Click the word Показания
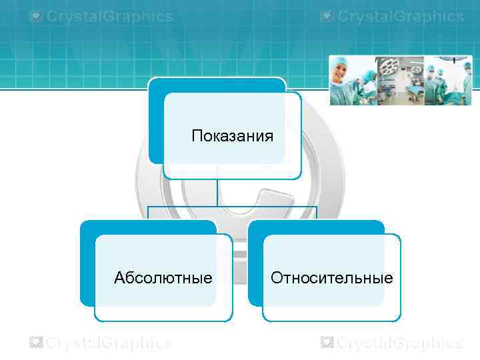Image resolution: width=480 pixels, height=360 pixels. coord(232,137)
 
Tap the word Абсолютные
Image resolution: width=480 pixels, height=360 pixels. coord(163,277)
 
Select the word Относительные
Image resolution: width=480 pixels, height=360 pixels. coord(331,277)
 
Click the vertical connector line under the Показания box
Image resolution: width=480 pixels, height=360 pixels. coord(217,193)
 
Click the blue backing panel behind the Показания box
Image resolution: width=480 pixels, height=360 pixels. coord(155,120)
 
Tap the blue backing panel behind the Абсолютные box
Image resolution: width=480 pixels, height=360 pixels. coord(87,267)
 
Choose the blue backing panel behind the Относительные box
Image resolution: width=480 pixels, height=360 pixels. coord(255,267)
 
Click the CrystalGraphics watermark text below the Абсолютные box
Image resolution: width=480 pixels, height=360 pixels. coord(108,343)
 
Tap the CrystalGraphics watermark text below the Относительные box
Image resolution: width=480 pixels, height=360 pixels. coord(399,343)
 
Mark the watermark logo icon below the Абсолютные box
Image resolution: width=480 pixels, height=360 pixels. coord(36,343)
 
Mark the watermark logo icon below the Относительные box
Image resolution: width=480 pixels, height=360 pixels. coord(327,343)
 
